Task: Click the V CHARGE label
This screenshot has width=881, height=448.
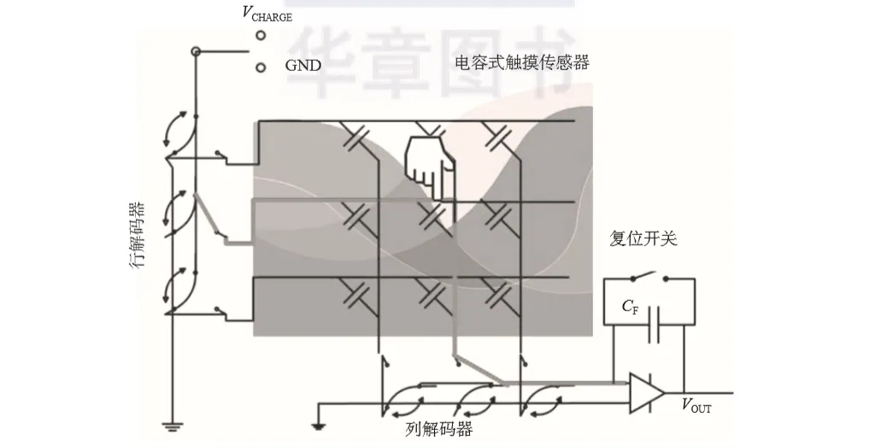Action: (267, 14)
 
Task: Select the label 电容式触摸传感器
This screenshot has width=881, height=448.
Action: (522, 62)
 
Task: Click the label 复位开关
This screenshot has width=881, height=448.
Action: (643, 239)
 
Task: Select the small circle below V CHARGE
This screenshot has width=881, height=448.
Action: (261, 36)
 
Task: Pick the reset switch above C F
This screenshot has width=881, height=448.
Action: (648, 276)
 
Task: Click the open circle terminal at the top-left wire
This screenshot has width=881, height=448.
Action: (196, 53)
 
